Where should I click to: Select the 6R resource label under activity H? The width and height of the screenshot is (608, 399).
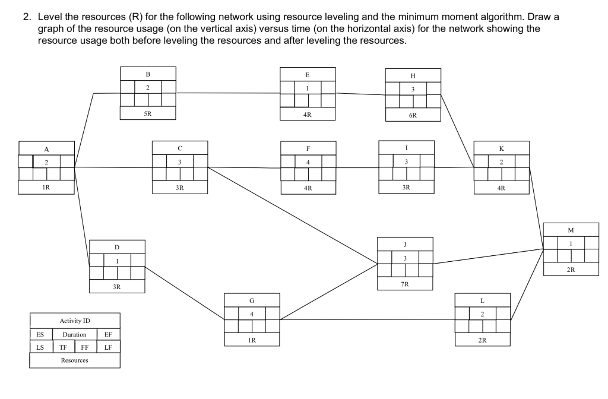click(x=413, y=115)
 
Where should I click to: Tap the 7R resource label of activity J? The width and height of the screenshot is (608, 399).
click(x=404, y=284)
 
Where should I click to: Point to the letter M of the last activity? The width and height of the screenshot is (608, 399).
click(x=571, y=229)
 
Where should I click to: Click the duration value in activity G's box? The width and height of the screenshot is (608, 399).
click(x=252, y=313)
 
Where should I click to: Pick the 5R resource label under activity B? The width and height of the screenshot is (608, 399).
click(x=148, y=113)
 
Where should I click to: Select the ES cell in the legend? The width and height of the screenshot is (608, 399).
click(x=37, y=334)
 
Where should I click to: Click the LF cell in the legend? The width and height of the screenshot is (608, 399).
click(x=108, y=347)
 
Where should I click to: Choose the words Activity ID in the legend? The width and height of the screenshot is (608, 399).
click(x=75, y=321)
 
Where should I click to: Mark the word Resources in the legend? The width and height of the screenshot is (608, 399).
click(x=75, y=360)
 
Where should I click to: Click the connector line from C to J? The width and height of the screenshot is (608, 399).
click(x=291, y=214)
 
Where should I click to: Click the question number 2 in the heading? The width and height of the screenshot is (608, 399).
click(x=27, y=17)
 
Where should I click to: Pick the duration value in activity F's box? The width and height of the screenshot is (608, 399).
click(x=308, y=162)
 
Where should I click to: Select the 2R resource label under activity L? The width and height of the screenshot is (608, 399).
click(x=482, y=340)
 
